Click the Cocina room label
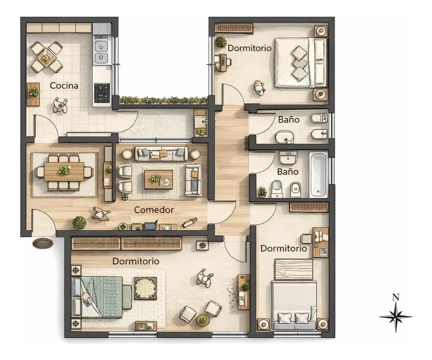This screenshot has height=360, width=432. coord(64,86)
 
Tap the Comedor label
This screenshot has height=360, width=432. coord(154,210)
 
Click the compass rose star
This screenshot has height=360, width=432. coord(396,317)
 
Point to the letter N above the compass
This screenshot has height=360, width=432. coord(396,297)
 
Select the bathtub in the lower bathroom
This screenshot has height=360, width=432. coord(319,174)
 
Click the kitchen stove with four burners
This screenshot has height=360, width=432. coord(102,93)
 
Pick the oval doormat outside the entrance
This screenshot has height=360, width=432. coord(43,243)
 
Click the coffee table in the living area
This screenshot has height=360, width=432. coord(158,179)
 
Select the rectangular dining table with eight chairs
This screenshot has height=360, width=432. coord(64,172)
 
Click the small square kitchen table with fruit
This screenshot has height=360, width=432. coord(46,58)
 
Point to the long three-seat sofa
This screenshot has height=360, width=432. coord(161,154)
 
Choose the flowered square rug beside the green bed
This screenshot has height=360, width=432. coord(145,289)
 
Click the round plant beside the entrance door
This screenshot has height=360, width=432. coord(79,223)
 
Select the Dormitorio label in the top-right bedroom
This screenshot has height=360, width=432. coord(250,48)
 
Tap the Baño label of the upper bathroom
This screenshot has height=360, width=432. coord(289,120)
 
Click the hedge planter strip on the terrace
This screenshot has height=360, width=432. coord(164,100)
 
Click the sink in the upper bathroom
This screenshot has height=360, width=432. coord(284,137)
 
